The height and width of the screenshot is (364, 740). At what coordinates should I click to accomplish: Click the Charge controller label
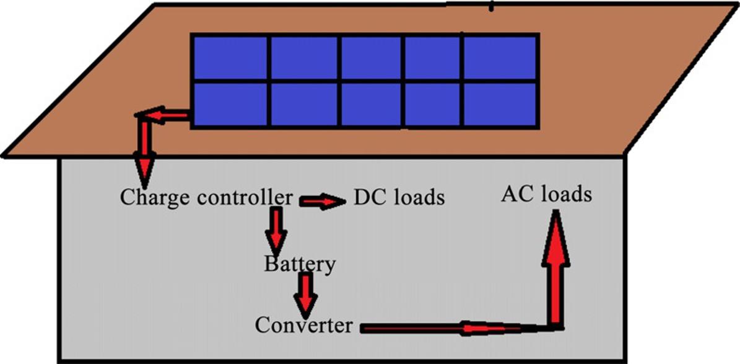coord(206,198)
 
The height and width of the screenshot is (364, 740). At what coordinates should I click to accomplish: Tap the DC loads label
coord(399,197)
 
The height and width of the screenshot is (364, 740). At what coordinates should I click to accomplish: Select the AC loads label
coord(546,194)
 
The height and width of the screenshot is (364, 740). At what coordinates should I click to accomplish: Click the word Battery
coord(300,264)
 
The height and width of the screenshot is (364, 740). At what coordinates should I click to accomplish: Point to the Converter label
coord(303,325)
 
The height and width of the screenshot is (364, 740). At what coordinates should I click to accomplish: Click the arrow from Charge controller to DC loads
coord(322,201)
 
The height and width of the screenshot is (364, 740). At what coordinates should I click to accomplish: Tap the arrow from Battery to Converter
coord(305,294)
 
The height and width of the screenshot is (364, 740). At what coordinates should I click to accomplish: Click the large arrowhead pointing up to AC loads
coord(555,239)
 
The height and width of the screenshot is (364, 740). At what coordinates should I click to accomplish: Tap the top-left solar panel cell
coord(230,58)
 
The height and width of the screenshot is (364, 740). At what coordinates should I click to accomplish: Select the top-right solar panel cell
coord(500,58)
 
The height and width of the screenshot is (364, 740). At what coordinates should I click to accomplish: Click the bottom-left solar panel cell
coord(230,104)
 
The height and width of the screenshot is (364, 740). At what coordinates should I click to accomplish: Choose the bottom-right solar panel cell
coord(500,104)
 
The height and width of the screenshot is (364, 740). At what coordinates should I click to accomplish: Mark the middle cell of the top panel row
coord(371,58)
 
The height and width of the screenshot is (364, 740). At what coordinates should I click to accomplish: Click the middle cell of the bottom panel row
coord(371,104)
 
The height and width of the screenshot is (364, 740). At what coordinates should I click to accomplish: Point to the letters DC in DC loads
coord(367,197)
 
